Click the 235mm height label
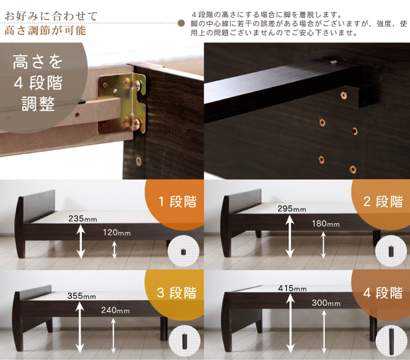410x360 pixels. tap(83, 219)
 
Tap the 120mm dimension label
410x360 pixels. tap(117, 233)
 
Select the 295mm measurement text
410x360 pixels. tap(292, 209)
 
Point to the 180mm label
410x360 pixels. tap(326, 223)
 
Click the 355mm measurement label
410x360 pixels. tap(81, 296)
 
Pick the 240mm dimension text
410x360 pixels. tap(115, 310)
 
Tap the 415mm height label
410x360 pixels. tap(292, 288)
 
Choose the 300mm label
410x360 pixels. tap(326, 303)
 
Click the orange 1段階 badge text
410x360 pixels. tap(177, 202)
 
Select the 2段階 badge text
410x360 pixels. tap(383, 202)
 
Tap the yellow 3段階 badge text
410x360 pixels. tap(177, 293)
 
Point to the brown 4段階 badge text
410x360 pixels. tap(383, 293)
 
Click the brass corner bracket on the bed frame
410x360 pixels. tap(122, 103)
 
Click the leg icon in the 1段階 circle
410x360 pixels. tap(183, 252)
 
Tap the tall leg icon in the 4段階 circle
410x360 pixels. tap(391, 341)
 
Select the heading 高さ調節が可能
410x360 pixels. tap(45, 30)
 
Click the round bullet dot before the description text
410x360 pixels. tap(181, 23)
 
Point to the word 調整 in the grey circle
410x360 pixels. tap(38, 104)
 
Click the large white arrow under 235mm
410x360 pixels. tap(81, 242)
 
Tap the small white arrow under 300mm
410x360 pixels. tap(324, 331)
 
